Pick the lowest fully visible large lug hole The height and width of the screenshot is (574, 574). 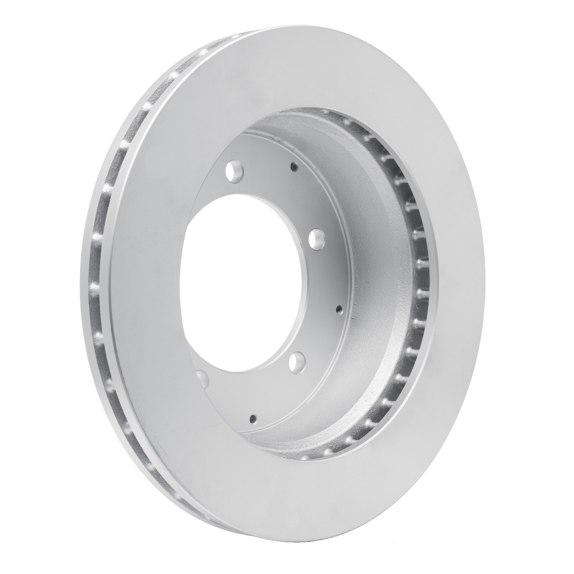pyautogui.click(x=297, y=362)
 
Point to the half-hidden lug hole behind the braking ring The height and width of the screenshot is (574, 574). pyautogui.click(x=203, y=379)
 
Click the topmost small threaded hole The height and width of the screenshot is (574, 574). pyautogui.click(x=293, y=166)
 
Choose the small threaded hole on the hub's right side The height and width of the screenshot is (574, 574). pyautogui.click(x=338, y=308)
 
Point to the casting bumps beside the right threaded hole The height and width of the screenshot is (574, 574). pyautogui.click(x=344, y=318)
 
